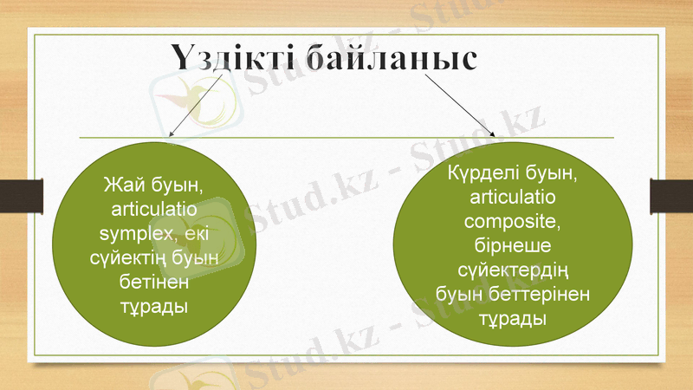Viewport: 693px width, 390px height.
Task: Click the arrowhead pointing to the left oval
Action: pyautogui.click(x=171, y=134)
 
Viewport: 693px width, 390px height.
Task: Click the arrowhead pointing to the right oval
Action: pyautogui.click(x=492, y=134)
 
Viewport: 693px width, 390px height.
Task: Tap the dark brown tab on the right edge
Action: pyautogui.click(x=671, y=195)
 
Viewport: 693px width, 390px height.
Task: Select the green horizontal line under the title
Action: pyautogui.click(x=346, y=138)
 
